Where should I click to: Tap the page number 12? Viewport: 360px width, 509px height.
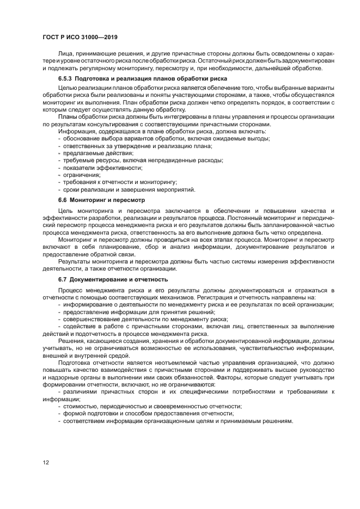46,462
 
